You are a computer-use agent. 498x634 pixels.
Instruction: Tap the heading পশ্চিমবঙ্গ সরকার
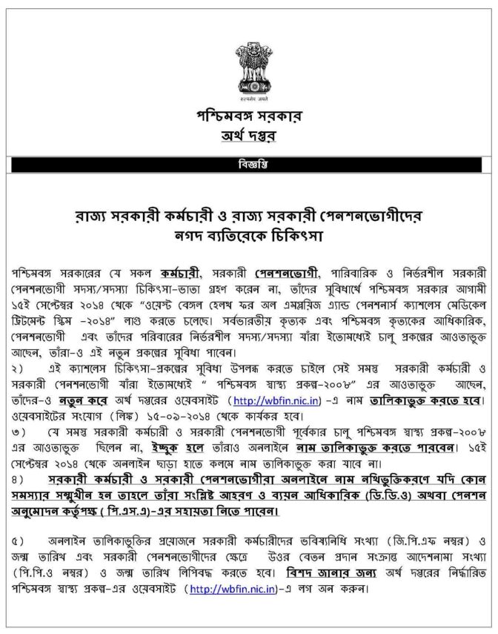click(x=248, y=118)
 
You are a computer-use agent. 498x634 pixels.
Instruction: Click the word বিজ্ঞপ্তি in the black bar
click(x=248, y=164)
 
